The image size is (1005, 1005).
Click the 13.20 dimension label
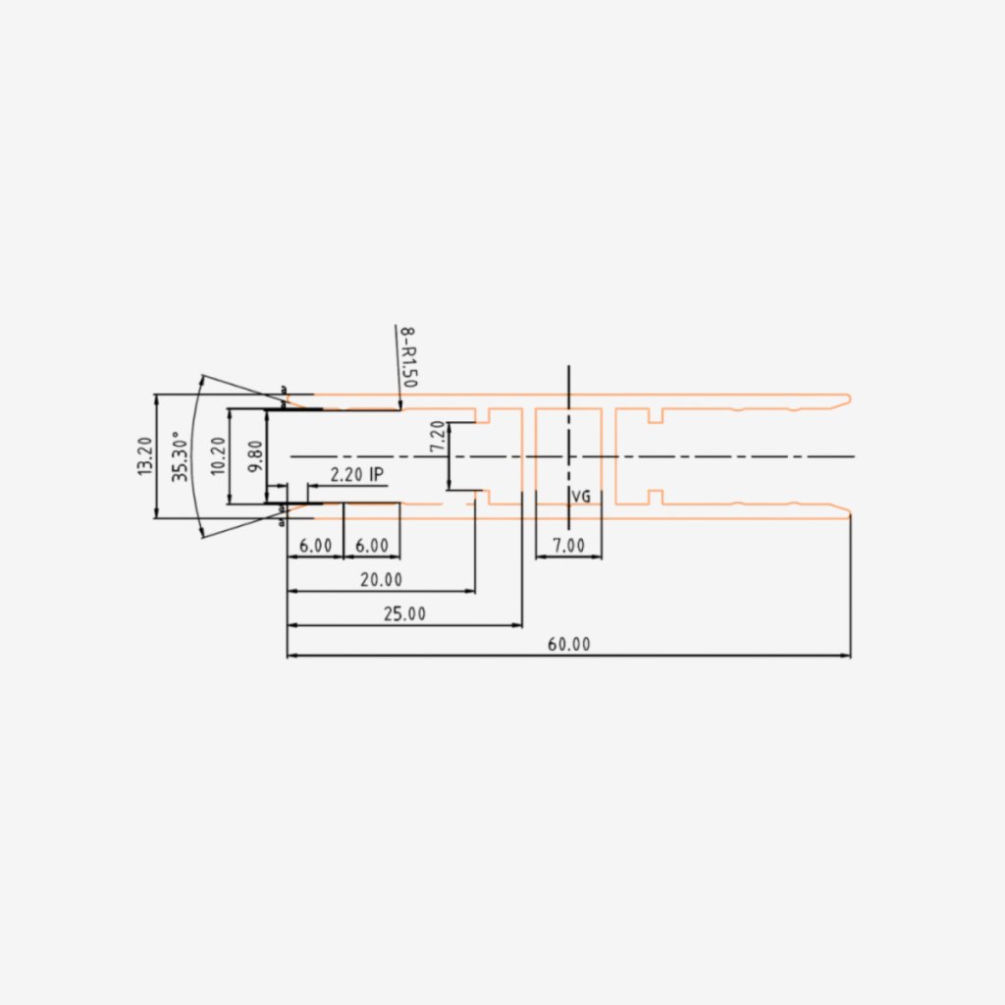(145, 456)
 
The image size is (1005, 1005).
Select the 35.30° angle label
(181, 456)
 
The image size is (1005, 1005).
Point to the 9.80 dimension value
(255, 456)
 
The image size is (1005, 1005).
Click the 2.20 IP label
(356, 474)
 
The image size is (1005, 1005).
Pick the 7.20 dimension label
(438, 437)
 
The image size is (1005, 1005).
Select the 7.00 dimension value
(568, 546)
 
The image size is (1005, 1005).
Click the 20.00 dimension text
(380, 580)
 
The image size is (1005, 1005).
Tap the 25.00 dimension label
(404, 614)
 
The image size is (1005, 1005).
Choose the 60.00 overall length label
(568, 645)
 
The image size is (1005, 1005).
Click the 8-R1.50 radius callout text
(407, 356)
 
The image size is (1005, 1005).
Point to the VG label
(581, 498)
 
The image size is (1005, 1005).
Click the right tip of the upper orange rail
(850, 397)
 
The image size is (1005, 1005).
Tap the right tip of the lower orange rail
(850, 512)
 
